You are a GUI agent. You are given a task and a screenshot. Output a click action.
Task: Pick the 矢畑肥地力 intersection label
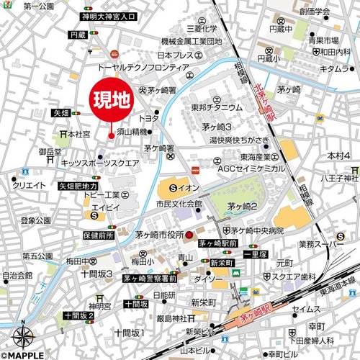coord(77,185)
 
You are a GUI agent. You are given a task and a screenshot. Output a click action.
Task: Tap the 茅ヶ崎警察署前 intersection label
coord(149,277)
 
